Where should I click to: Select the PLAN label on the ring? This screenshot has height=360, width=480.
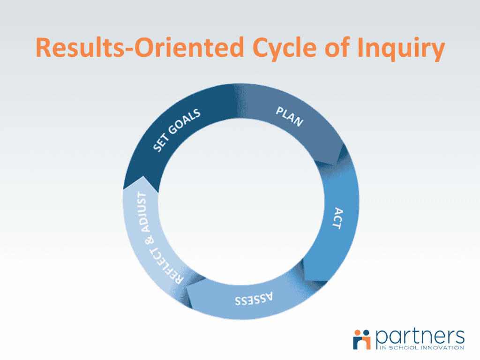click(289, 116)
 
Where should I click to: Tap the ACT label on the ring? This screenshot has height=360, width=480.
click(335, 218)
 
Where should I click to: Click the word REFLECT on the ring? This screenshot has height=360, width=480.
click(166, 264)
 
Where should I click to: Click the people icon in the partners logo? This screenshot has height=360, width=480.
click(362, 338)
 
